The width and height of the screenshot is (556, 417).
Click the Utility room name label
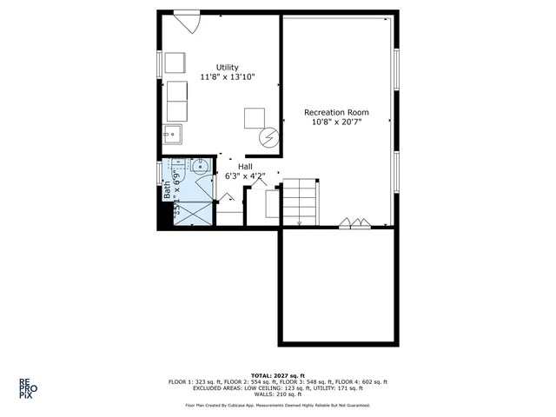click(x=227, y=68)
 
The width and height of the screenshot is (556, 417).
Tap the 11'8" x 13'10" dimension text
click(x=227, y=78)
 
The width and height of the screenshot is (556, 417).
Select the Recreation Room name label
click(x=336, y=112)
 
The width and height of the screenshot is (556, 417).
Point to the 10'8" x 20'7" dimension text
click(x=336, y=122)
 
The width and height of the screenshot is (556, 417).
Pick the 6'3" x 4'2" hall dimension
click(x=244, y=176)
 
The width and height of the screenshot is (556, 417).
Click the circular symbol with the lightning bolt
click(x=270, y=138)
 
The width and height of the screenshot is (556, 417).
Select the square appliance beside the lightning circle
click(x=254, y=117)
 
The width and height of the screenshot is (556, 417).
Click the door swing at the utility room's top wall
click(x=187, y=22)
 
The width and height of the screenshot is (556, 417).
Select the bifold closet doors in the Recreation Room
click(x=356, y=222)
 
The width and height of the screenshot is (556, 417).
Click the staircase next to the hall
click(x=300, y=202)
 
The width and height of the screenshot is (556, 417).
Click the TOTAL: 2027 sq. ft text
click(x=277, y=375)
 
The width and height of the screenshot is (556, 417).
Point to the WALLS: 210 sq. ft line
click(x=277, y=394)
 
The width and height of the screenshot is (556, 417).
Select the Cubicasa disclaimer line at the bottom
click(x=277, y=405)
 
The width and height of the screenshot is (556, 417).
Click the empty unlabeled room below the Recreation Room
click(x=336, y=286)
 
